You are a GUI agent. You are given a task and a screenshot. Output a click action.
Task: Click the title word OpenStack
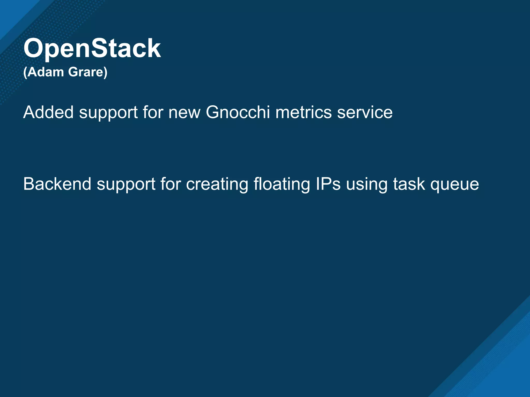click(x=92, y=48)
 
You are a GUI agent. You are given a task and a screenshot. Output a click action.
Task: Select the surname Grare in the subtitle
click(x=86, y=72)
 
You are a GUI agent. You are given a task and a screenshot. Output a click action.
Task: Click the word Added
click(x=48, y=112)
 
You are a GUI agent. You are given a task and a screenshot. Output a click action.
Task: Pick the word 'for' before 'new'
click(x=153, y=112)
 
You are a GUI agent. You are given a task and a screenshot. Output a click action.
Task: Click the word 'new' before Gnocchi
click(x=184, y=113)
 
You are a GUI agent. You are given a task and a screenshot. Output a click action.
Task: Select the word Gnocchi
click(x=238, y=112)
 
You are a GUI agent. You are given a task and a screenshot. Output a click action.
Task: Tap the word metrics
click(x=303, y=112)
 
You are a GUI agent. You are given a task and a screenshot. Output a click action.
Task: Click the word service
click(x=365, y=112)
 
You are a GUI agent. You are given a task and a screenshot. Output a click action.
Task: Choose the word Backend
click(x=57, y=184)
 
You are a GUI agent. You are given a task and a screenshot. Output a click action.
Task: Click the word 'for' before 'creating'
click(x=170, y=184)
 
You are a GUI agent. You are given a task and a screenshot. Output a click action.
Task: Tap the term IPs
click(x=328, y=184)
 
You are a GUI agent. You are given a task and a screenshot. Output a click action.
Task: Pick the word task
click(x=409, y=184)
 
